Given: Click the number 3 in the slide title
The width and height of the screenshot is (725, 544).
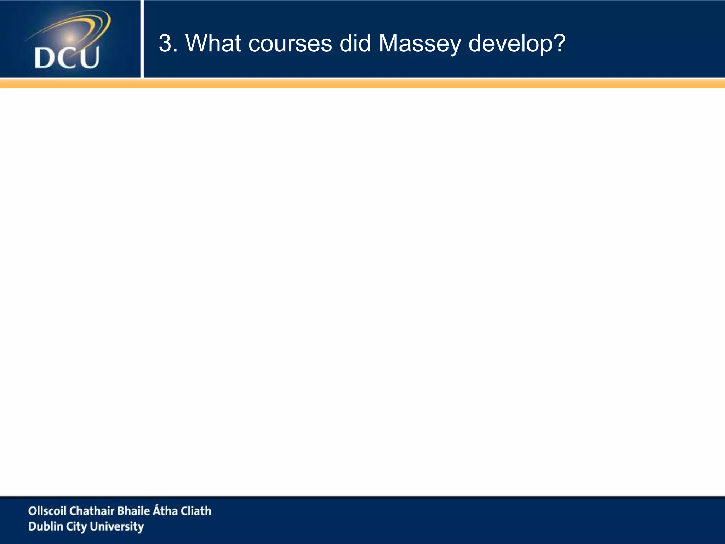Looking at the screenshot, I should coord(165,44).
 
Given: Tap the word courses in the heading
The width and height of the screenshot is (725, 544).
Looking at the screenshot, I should coord(290,44).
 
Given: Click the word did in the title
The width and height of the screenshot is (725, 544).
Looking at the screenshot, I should coord(355,44).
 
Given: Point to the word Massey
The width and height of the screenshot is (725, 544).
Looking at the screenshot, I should coord(419,44).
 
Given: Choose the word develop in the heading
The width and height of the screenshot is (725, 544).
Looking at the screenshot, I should coord(510,44).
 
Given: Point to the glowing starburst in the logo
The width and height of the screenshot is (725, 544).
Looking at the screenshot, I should coord(70,38).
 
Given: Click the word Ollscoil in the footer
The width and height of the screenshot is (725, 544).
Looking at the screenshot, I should coord(47,511).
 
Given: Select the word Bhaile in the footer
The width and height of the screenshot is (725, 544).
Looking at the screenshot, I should coord(133,511).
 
